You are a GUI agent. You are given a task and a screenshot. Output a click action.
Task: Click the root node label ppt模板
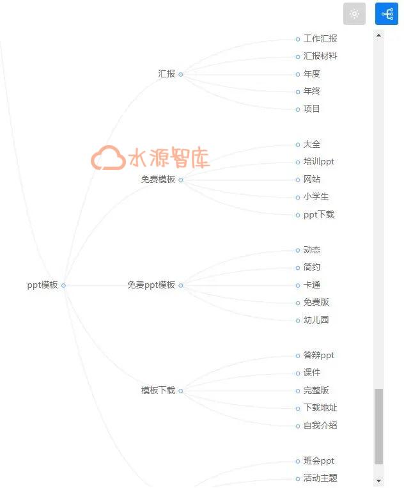pos(42,285)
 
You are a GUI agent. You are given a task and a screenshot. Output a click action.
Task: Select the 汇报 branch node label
pos(166,74)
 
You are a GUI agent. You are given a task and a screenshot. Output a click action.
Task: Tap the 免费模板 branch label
pos(158,179)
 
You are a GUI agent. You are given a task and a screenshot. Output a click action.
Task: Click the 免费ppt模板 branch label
pos(151,285)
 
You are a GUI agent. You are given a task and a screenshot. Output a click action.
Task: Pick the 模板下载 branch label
pos(158,390)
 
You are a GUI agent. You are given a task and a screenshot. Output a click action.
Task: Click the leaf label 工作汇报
pos(320,38)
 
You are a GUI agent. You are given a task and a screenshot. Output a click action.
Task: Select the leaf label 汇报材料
pos(320,56)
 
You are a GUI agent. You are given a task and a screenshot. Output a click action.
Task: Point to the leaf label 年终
pos(312,91)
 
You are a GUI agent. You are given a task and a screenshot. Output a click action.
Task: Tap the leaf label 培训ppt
pos(319,162)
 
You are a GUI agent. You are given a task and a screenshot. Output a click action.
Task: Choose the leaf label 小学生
pos(316,197)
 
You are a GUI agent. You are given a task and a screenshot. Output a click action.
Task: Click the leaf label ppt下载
pos(319,214)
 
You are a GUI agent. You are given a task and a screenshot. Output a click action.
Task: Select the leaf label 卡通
pos(312,285)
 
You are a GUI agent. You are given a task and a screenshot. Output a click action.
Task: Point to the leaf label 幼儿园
pos(316,320)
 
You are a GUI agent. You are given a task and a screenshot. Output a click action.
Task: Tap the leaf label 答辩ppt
pos(319,355)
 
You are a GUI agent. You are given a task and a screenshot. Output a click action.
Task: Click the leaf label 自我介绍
pos(320,425)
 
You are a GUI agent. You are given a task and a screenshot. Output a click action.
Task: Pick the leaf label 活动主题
pos(320,478)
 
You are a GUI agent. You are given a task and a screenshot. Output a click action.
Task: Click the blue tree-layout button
pos(387,13)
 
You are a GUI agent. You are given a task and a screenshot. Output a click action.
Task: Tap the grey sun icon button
pos(354,13)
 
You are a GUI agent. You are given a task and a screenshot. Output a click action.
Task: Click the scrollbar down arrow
pos(378,481)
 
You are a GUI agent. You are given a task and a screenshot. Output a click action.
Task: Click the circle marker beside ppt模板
pos(63,285)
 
